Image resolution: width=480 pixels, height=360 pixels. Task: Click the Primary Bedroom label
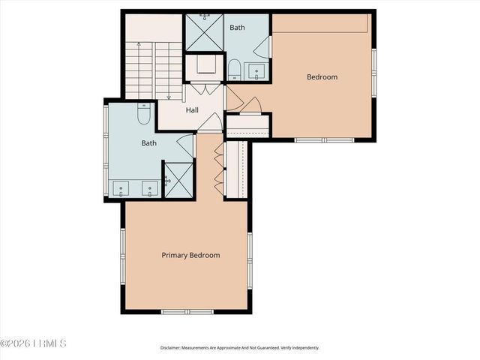click(190, 255)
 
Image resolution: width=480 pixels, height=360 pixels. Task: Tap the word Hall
click(192, 110)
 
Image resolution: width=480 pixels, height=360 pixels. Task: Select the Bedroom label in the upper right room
click(322, 76)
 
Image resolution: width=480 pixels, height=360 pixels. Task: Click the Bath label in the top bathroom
click(237, 28)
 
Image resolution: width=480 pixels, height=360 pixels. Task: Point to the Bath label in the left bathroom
click(148, 142)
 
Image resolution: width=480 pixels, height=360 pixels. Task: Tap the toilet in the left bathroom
click(144, 114)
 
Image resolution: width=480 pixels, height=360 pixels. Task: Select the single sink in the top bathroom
click(258, 73)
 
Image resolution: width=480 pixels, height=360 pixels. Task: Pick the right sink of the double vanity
click(150, 189)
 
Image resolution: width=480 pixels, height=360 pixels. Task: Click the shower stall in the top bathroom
click(203, 32)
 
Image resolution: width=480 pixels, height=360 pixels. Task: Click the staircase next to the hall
click(154, 71)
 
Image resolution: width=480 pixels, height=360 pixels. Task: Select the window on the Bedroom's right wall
click(373, 72)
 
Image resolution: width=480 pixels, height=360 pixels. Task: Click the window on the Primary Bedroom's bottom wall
click(187, 311)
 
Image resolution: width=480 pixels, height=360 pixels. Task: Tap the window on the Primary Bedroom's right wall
click(250, 255)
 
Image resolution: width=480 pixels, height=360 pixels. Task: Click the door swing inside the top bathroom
click(262, 49)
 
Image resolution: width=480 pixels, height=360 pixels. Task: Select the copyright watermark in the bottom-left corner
click(34, 344)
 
